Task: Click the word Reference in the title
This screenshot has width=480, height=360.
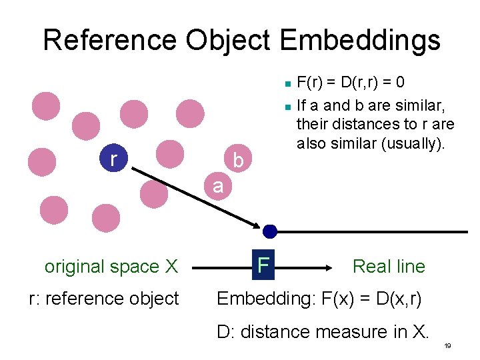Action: [111, 40]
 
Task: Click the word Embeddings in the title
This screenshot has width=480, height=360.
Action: [360, 40]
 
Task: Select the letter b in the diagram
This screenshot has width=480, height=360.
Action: [239, 161]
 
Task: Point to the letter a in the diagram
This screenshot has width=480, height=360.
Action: [218, 185]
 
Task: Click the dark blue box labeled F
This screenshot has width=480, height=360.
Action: [264, 265]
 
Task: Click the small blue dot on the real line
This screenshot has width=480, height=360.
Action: [269, 231]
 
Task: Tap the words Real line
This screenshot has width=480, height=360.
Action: [388, 266]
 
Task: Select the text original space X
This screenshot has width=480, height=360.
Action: [111, 267]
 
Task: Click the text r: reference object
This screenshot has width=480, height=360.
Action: [104, 298]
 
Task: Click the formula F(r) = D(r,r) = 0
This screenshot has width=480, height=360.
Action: [350, 83]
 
